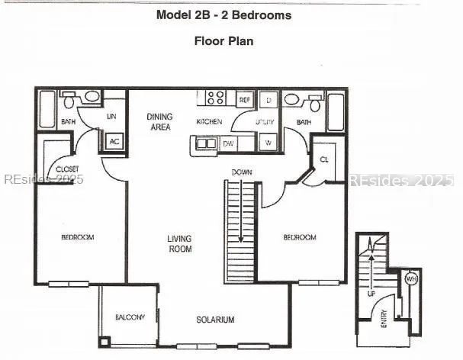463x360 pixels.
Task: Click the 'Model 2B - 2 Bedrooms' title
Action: [x=223, y=14]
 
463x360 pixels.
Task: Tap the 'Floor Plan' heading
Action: [x=223, y=40]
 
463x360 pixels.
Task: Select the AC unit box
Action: [x=114, y=141]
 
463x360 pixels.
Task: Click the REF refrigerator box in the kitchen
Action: [x=245, y=100]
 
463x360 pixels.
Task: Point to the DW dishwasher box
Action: [x=229, y=143]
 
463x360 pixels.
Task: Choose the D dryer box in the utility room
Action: [x=269, y=100]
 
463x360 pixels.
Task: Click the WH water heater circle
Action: [x=410, y=279]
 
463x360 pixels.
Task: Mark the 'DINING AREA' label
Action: [x=159, y=122]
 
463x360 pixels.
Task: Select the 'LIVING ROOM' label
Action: [x=180, y=244]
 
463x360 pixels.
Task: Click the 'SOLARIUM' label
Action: [x=214, y=320]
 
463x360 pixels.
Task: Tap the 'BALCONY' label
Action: [x=130, y=317]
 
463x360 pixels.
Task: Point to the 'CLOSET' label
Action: [x=67, y=169]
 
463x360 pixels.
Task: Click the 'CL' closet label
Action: [x=323, y=159]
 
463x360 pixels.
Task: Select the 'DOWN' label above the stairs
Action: [x=242, y=172]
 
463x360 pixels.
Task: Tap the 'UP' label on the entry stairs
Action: [x=371, y=293]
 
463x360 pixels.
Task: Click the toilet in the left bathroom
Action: [x=69, y=100]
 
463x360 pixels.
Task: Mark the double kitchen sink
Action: [x=205, y=143]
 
